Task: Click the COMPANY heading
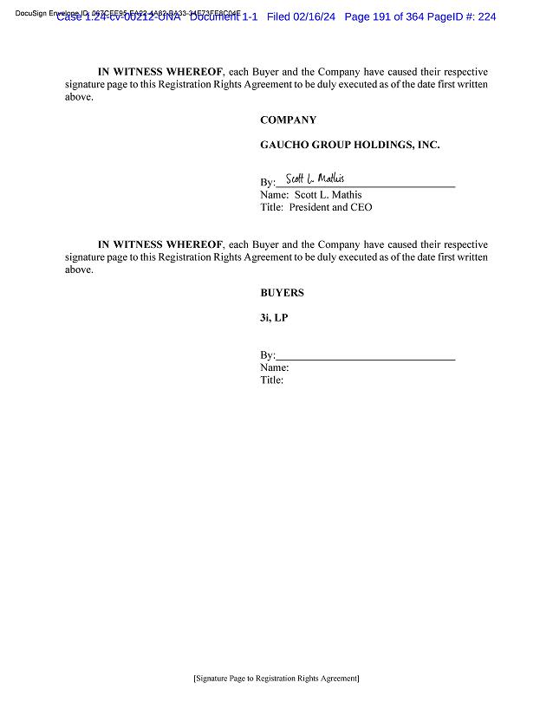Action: [x=288, y=120]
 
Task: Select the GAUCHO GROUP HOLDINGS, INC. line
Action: [x=349, y=145]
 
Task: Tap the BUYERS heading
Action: [x=282, y=293]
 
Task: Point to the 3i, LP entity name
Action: [x=274, y=317]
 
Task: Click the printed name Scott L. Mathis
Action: [x=328, y=195]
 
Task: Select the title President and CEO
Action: [x=330, y=208]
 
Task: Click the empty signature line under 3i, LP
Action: [x=365, y=356]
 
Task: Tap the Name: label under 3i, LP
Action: [x=274, y=367]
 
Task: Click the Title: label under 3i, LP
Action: [x=271, y=380]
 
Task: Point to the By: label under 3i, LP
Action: [x=267, y=355]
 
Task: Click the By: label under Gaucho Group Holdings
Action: [x=267, y=183]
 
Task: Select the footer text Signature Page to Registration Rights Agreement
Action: [x=276, y=679]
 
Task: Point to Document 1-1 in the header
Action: [x=223, y=16]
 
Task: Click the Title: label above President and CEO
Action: [x=271, y=208]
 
